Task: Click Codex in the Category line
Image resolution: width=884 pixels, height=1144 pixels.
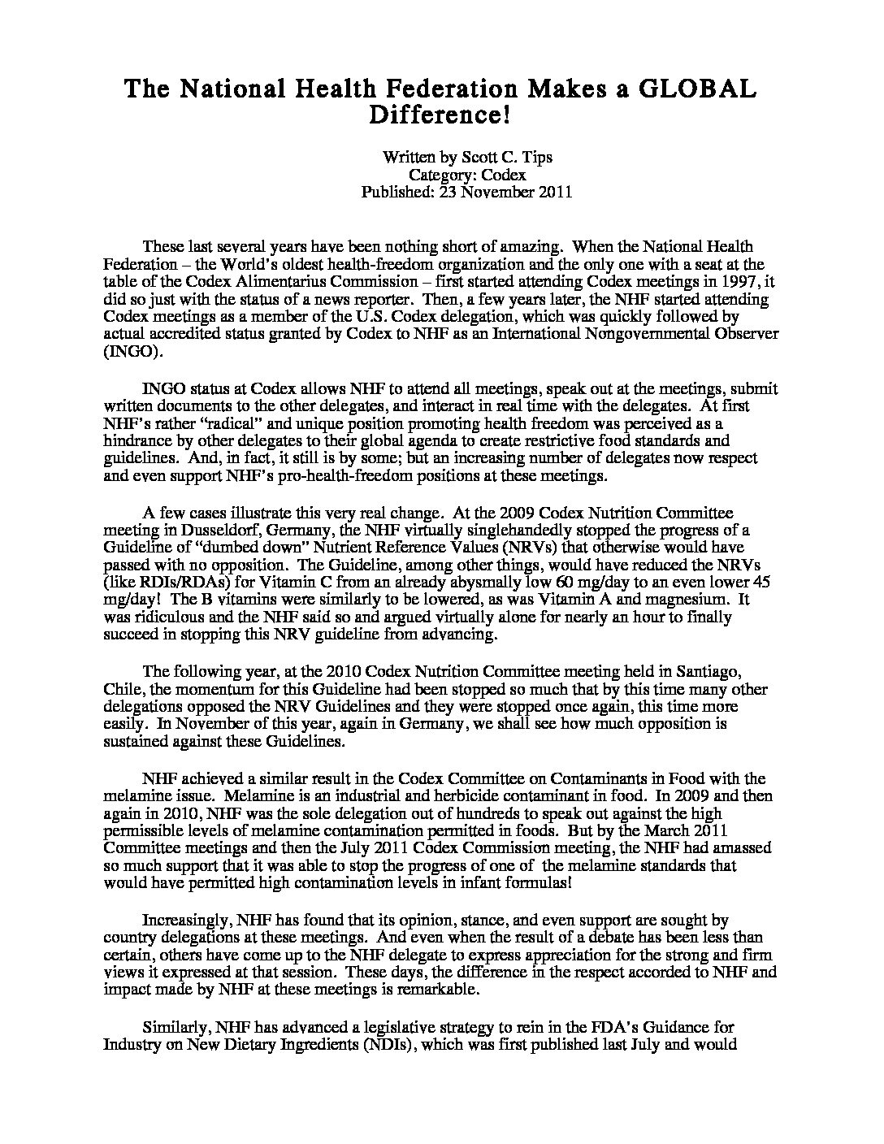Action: tap(504, 175)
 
